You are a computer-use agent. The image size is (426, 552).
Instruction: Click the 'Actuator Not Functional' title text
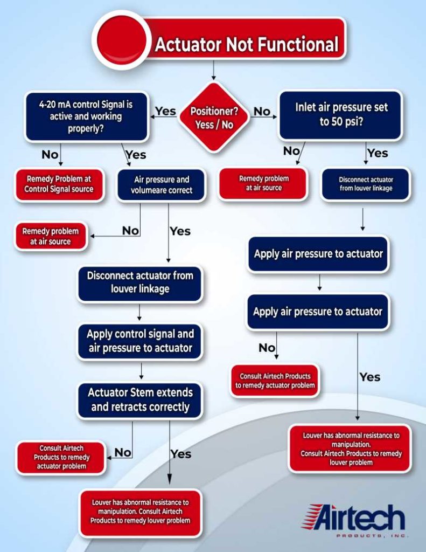tap(247, 44)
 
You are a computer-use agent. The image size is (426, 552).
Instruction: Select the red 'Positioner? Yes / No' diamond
tap(214, 117)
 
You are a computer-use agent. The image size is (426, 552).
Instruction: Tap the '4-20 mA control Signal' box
tap(86, 116)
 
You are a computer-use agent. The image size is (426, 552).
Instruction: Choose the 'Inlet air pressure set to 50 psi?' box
tap(340, 114)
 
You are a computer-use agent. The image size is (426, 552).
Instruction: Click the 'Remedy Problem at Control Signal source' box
tap(59, 184)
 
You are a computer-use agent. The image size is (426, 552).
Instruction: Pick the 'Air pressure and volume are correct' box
tap(162, 185)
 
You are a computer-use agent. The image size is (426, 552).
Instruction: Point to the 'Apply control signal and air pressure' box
tap(140, 341)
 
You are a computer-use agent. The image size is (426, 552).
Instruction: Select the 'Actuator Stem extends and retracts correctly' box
tap(140, 399)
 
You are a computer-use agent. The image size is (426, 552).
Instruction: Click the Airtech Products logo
tap(354, 520)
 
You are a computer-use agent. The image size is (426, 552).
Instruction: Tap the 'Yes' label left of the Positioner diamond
tap(165, 111)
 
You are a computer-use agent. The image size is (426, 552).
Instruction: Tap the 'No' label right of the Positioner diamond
tap(262, 112)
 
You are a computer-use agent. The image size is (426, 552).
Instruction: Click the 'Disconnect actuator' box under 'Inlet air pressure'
tap(366, 184)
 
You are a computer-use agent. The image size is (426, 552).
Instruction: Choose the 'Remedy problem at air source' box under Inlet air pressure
tap(264, 184)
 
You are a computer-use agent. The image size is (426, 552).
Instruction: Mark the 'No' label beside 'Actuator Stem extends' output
tap(123, 453)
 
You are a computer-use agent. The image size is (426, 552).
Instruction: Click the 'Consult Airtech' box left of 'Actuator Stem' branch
tap(61, 457)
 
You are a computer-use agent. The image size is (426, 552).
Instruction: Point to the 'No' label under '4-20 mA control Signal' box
tap(50, 155)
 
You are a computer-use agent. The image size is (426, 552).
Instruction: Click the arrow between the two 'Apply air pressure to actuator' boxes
tap(319, 282)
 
